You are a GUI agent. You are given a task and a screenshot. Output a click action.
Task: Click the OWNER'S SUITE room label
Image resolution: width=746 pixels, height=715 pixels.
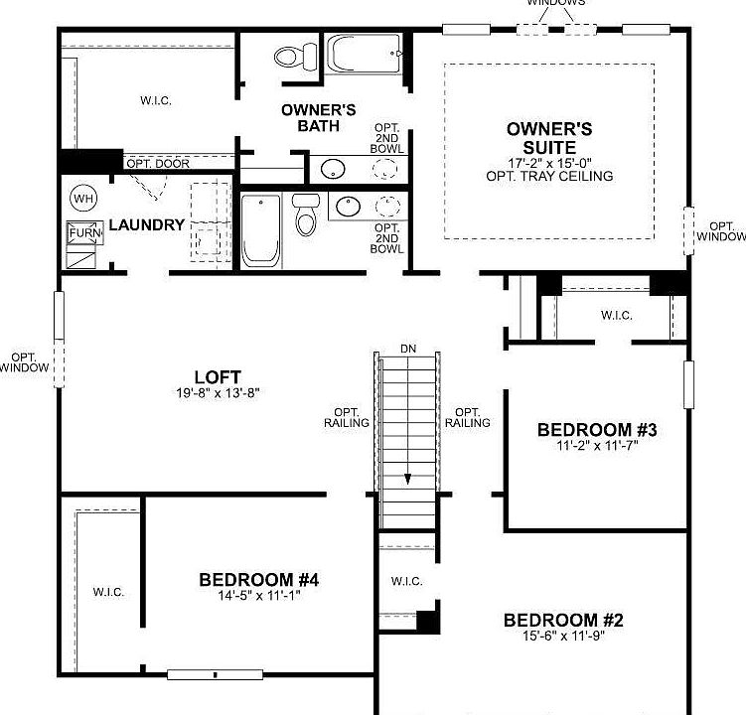pos(549,138)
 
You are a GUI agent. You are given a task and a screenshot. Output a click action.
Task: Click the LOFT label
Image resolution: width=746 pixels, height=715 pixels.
pos(219,377)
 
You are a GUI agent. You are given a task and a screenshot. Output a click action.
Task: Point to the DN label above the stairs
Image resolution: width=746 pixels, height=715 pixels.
pos(408,349)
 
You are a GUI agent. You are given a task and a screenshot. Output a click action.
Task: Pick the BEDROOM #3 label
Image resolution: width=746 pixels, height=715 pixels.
pos(597,430)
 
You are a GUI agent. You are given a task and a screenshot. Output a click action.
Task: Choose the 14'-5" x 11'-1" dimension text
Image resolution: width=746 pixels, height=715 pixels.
pos(258,596)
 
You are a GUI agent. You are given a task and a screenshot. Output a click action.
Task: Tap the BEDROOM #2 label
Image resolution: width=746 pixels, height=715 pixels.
pos(563,621)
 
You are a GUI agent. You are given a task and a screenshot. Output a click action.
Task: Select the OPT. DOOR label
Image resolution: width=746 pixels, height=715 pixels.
pos(158,163)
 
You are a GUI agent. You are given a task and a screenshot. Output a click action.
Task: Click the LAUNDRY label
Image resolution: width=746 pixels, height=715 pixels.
pos(146,225)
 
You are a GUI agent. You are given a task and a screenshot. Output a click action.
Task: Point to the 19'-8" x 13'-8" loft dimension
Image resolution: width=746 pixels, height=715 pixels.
pos(219,393)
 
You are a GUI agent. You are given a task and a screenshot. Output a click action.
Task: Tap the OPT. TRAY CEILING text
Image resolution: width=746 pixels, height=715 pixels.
pos(549,176)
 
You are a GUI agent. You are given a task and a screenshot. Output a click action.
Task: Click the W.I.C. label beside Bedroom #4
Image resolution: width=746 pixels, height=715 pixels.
pos(108,592)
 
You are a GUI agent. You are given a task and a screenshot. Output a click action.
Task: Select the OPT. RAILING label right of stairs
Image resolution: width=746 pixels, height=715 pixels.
pos(467,418)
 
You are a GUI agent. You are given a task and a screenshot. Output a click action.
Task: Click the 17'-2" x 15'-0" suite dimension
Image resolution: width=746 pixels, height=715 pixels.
pos(549,162)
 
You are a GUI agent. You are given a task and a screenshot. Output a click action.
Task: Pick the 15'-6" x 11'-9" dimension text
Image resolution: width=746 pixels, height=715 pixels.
pos(563,637)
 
